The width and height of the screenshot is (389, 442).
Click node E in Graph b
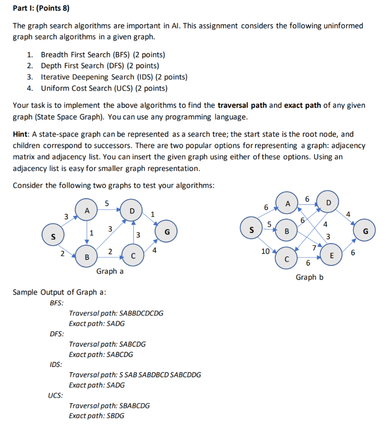pos(331,255)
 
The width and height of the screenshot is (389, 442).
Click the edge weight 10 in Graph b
pos(265,251)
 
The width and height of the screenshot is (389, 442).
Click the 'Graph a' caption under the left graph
pos(110,271)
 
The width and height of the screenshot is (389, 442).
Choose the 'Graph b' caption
pos(309,277)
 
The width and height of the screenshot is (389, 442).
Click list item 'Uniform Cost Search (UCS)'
pos(104,88)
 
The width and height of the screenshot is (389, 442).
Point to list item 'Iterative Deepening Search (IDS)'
pos(114,77)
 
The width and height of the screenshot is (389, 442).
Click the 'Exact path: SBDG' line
pos(97,416)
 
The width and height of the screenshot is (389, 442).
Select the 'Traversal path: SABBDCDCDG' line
pos(116,313)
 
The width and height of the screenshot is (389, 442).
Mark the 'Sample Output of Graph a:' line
pos(59,292)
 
